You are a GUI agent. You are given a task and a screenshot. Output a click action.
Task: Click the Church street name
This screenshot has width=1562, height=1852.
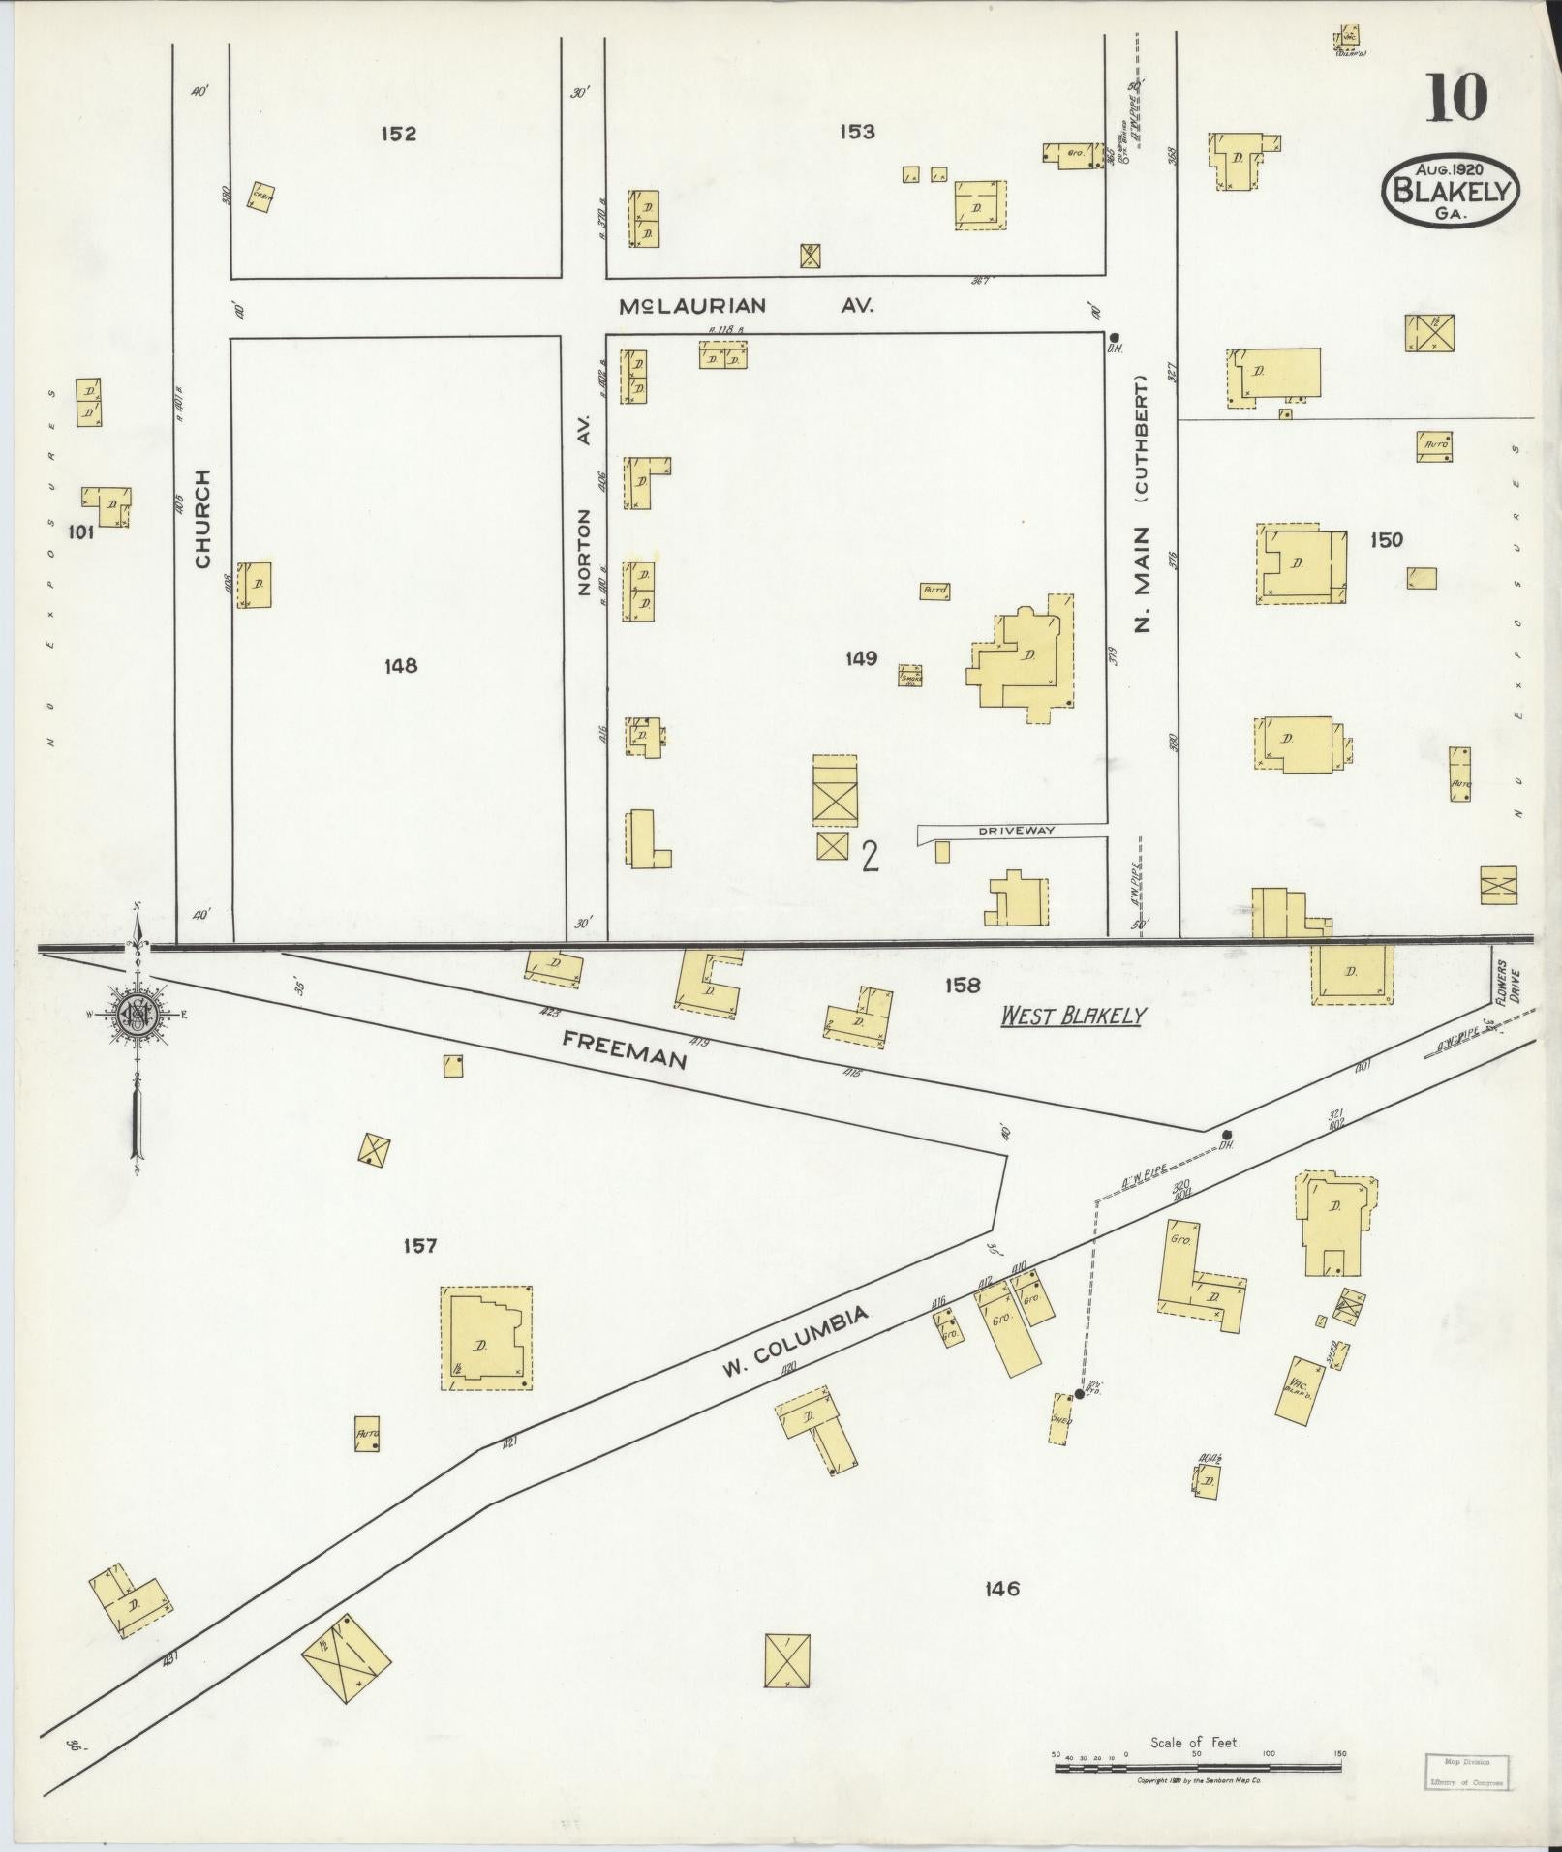202,518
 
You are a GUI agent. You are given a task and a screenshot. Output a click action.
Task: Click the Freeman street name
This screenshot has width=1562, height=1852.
625,1048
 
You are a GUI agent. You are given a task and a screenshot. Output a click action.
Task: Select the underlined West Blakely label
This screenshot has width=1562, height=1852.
1073,1016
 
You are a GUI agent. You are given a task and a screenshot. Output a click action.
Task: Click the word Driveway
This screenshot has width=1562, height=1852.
1015,830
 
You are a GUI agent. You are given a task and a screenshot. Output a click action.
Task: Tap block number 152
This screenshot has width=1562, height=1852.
398,134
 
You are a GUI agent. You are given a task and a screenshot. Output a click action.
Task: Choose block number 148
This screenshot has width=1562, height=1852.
400,666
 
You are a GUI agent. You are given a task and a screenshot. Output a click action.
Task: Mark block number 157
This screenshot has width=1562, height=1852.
420,1245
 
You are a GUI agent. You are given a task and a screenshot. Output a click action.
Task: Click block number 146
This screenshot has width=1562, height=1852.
1001,1588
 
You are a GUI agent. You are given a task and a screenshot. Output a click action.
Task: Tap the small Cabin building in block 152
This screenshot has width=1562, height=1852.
260,197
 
